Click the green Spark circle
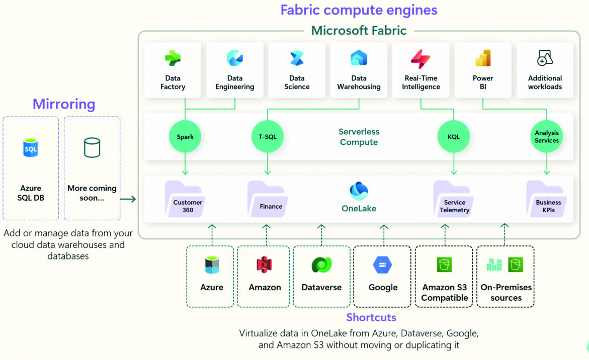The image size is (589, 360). coord(185,137)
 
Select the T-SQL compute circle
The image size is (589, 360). coord(267,137)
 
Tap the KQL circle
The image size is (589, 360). coord(453,137)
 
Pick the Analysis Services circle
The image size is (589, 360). coord(546,137)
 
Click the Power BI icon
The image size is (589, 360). coord(483,58)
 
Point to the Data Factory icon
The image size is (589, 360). coord(173,58)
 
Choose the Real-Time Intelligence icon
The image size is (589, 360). coord(420,58)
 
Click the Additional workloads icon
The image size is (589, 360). coord(545,58)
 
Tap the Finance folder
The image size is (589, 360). coord(267,200)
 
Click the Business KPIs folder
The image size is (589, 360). coord(546,200)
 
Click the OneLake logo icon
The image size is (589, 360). coord(359,192)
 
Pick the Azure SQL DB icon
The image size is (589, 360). coord(31,148)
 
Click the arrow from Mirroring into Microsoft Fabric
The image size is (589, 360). coord(128,200)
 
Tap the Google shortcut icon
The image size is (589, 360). coord(383,265)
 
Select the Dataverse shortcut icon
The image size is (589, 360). coord(321,265)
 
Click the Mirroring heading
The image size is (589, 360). coord(64,104)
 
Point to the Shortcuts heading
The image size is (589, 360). coord(371,317)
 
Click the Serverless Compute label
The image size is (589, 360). coord(359,137)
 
